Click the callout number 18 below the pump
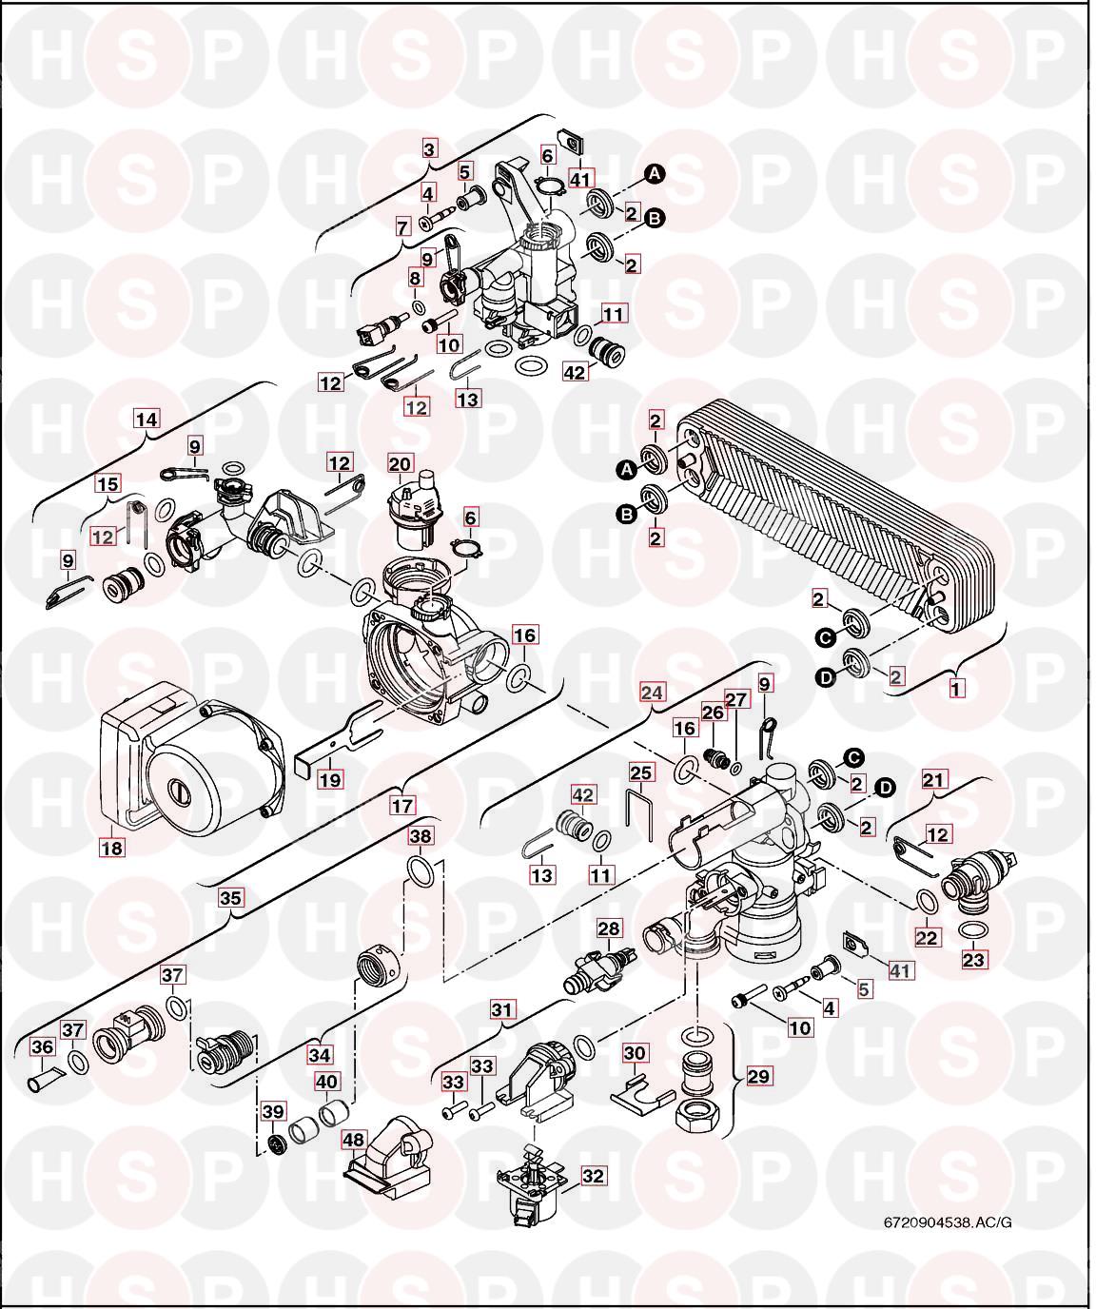[x=112, y=846]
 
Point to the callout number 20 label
[x=401, y=464]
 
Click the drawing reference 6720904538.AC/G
[x=947, y=1221]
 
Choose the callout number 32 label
[x=592, y=1176]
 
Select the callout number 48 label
[x=354, y=1139]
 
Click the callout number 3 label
[x=430, y=148]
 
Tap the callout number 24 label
[x=652, y=693]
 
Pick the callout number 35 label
[x=231, y=896]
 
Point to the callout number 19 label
[x=330, y=779]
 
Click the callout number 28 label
[x=609, y=928]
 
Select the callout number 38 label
[x=421, y=836]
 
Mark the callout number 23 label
[x=973, y=960]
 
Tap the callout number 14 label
[x=147, y=418]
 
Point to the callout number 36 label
[x=43, y=1047]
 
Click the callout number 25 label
[x=642, y=772]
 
